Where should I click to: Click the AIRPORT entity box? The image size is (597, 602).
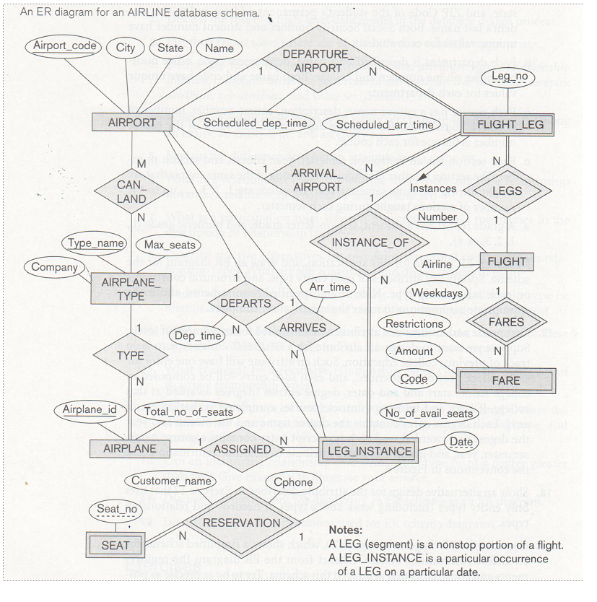point(132,123)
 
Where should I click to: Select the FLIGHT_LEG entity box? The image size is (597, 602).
point(510,124)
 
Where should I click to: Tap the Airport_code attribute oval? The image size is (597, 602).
point(65,46)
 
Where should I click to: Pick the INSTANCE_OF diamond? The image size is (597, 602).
point(370,243)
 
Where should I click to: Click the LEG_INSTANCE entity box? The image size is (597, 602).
point(368,452)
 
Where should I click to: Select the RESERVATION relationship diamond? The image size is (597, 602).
point(241,523)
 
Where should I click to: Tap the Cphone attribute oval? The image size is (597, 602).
point(293,483)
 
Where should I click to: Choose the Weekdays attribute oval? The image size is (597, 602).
point(435,292)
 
